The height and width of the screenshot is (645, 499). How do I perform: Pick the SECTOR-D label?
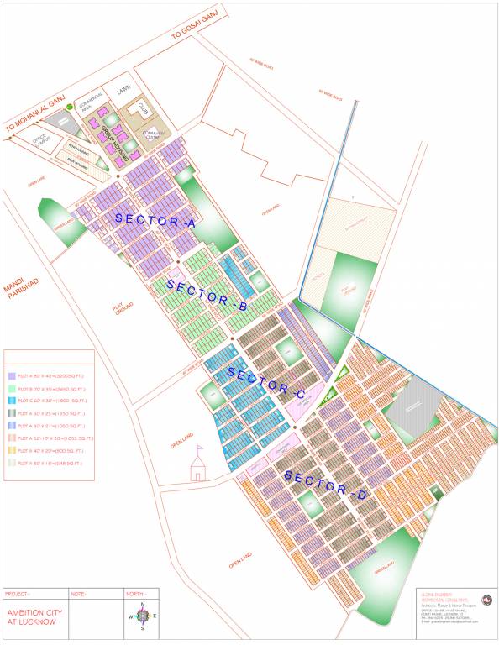point(325,485)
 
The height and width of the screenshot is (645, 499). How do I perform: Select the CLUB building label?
point(143,108)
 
